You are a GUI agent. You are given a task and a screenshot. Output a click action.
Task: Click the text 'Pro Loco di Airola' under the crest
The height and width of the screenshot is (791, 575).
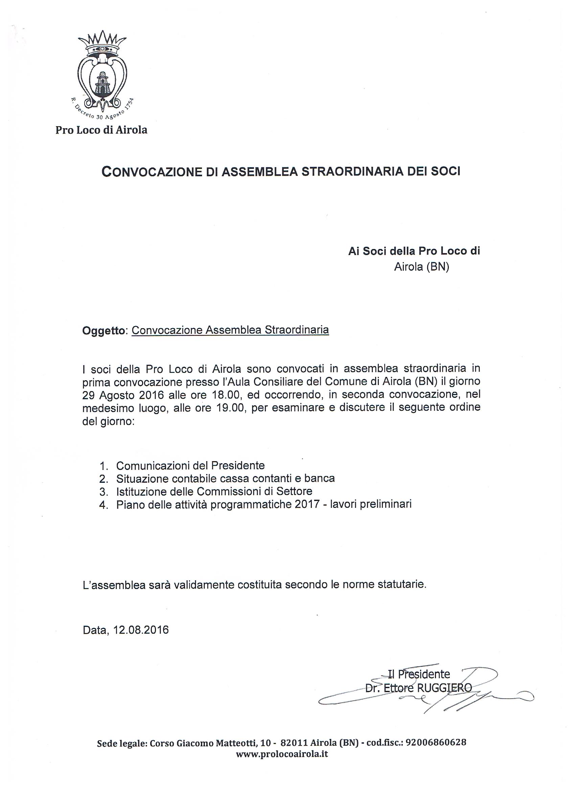(101, 130)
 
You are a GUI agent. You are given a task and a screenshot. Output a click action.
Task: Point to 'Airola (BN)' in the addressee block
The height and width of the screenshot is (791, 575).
(421, 267)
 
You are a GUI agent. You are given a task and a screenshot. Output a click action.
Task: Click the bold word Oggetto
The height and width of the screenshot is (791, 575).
(103, 330)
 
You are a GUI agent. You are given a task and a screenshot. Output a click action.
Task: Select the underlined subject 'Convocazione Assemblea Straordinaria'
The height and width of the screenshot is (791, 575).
(230, 330)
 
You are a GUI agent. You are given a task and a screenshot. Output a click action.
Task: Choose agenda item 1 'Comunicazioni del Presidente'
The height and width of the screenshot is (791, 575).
(190, 466)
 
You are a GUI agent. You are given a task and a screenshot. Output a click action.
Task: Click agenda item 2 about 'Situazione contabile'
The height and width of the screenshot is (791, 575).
(225, 478)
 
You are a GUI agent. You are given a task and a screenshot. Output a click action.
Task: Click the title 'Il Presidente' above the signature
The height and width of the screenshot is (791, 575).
(418, 674)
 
